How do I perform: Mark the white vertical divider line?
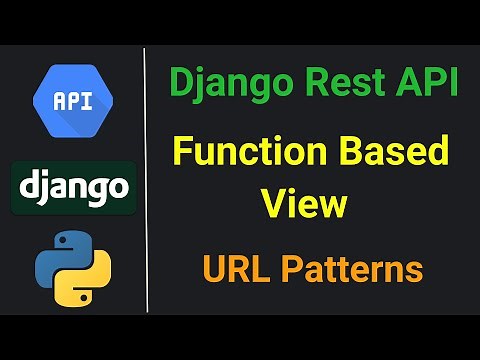tap(146, 180)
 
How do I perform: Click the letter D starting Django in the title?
tap(180, 84)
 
